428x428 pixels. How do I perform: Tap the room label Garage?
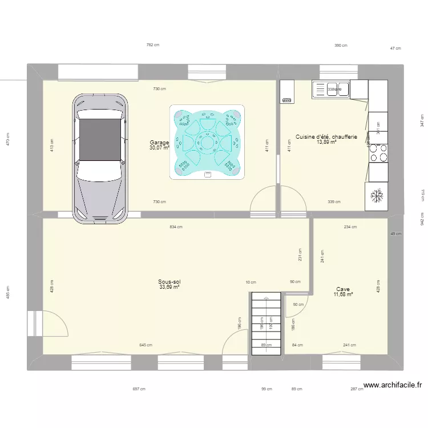point(159,142)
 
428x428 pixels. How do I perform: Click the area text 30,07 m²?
point(159,148)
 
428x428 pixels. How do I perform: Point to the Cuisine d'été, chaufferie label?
point(326,136)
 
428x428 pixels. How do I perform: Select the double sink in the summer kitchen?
point(331,89)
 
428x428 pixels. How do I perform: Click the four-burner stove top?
point(377,154)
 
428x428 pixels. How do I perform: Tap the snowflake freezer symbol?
point(377,196)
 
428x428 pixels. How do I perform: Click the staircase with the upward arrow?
point(267,323)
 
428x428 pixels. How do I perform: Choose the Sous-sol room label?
point(169,281)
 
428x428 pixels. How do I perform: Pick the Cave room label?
point(343,289)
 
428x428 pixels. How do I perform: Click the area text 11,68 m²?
point(343,294)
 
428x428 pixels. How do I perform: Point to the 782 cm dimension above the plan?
point(152,45)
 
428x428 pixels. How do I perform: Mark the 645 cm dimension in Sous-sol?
point(146,345)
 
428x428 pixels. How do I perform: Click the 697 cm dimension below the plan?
point(139,389)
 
